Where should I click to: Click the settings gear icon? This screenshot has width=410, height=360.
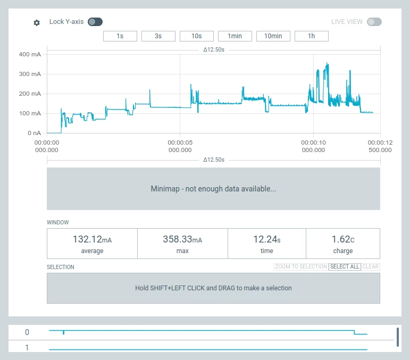pyautogui.click(x=37, y=23)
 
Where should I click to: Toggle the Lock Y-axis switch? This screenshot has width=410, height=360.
pyautogui.click(x=95, y=22)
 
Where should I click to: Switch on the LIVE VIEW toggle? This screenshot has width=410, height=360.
pyautogui.click(x=374, y=22)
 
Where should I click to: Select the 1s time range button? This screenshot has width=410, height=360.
pyautogui.click(x=120, y=36)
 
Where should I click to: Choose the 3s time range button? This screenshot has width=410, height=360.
pyautogui.click(x=158, y=36)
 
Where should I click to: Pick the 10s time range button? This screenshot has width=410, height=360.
pyautogui.click(x=197, y=36)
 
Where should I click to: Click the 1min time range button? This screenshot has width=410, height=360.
pyautogui.click(x=235, y=36)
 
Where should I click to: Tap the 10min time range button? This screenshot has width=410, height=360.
pyautogui.click(x=273, y=36)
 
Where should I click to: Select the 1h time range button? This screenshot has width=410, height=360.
pyautogui.click(x=312, y=36)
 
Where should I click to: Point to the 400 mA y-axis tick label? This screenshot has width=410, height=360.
pyautogui.click(x=30, y=54)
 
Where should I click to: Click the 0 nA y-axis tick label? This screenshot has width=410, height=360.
pyautogui.click(x=34, y=133)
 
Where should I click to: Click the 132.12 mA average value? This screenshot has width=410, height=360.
pyautogui.click(x=92, y=240)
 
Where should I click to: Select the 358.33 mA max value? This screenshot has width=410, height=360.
pyautogui.click(x=182, y=240)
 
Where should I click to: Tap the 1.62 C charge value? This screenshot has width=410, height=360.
pyautogui.click(x=343, y=240)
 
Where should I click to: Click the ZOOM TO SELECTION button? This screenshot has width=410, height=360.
pyautogui.click(x=300, y=266)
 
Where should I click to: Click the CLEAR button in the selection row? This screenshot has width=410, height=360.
pyautogui.click(x=371, y=266)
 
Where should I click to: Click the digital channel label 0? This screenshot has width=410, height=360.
pyautogui.click(x=27, y=332)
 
